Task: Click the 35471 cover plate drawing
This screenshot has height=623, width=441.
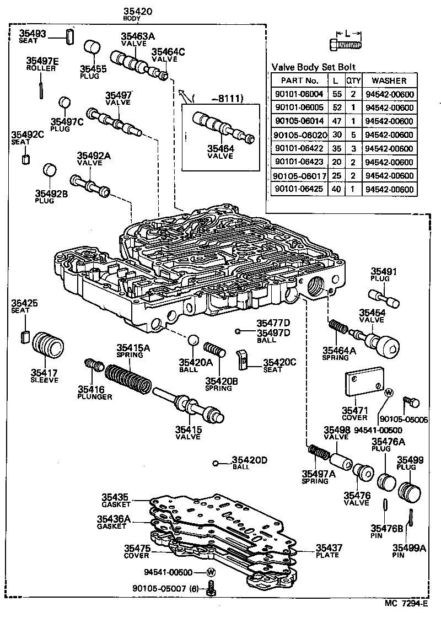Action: click(364, 386)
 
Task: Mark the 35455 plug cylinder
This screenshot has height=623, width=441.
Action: click(92, 51)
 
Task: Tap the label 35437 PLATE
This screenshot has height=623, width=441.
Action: click(329, 551)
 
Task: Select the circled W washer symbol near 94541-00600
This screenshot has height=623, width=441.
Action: click(211, 573)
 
